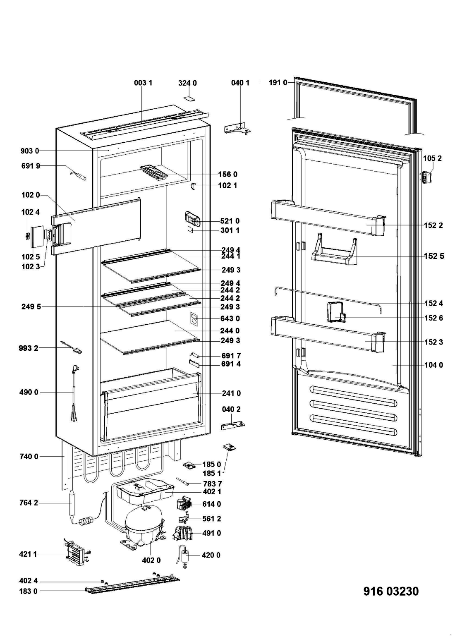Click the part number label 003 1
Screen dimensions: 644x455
point(143,83)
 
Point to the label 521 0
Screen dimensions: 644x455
point(231,221)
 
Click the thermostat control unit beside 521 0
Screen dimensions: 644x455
point(192,218)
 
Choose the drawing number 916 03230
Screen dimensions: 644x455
point(391,591)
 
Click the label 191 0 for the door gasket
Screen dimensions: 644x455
point(278,83)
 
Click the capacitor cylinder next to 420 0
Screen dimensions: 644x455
point(184,554)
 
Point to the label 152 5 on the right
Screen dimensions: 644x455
point(434,256)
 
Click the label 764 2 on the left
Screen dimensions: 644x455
point(29,503)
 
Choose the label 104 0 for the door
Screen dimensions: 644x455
point(434,365)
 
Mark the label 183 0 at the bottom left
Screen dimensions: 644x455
point(29,591)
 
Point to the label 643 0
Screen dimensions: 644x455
point(231,318)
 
